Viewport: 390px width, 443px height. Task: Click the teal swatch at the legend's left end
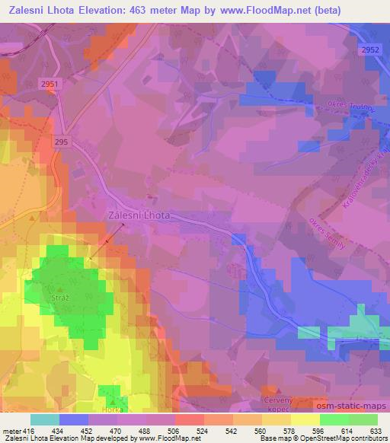point(45,419)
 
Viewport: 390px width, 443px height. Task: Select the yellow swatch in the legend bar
point(305,419)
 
